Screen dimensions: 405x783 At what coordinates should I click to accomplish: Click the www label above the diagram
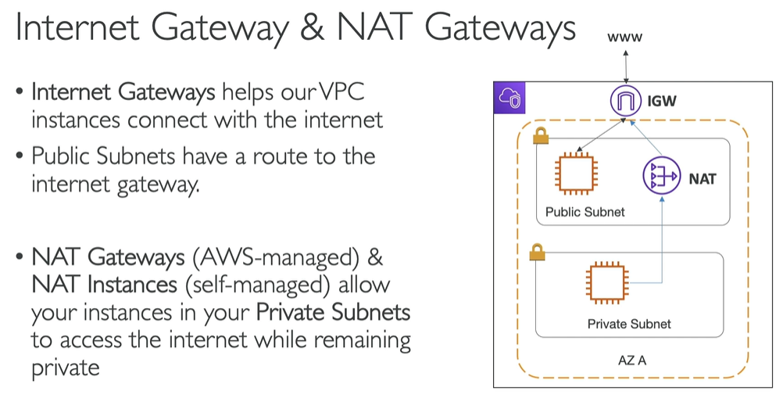point(624,36)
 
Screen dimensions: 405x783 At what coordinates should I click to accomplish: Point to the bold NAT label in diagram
point(702,179)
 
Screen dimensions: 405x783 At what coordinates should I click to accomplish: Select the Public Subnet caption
point(585,212)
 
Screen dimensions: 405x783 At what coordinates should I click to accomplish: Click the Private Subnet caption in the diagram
point(629,323)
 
